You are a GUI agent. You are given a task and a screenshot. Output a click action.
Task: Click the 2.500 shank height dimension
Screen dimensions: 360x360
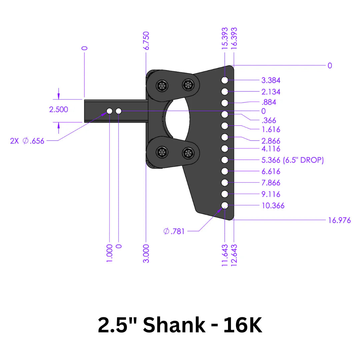[59, 109]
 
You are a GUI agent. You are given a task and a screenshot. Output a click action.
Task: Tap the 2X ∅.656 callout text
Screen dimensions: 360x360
[27, 141]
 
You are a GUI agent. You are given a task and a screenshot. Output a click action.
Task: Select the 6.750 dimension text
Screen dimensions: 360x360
[146, 40]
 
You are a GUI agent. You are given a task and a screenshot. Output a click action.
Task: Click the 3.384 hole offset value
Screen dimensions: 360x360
[271, 80]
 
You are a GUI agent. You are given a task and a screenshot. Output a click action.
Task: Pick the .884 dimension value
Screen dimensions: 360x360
[269, 102]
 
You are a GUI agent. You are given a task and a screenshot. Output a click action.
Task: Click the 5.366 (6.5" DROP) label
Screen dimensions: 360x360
[292, 160]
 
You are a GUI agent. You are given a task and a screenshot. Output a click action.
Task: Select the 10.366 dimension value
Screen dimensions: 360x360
[273, 206]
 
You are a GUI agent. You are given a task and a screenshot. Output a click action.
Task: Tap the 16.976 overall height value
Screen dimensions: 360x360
[339, 220]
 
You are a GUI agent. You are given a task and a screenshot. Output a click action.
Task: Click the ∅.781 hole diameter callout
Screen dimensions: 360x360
[174, 231]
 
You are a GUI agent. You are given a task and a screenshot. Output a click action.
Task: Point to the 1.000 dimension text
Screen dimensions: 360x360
[110, 253]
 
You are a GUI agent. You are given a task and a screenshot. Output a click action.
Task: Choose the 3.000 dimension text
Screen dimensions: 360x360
[146, 253]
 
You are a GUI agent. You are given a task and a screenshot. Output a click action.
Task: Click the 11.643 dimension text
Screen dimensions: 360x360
[225, 255]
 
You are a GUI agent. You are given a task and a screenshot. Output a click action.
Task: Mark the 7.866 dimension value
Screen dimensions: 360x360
[271, 183]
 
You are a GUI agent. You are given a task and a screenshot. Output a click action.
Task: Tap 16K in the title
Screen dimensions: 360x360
[243, 325]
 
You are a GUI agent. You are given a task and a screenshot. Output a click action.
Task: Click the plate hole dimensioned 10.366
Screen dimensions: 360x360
[225, 205]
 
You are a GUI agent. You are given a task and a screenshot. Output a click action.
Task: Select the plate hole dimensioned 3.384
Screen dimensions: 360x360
[225, 80]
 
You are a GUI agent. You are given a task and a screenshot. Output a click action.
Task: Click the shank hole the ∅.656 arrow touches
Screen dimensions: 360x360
[109, 111]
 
